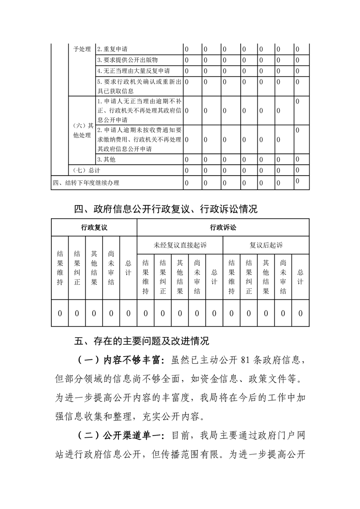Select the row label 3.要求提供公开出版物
click(128, 60)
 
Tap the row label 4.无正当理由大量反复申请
click(133, 71)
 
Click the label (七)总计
click(87, 170)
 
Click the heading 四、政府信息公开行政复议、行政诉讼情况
click(166, 209)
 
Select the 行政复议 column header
click(94, 227)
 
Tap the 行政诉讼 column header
click(223, 227)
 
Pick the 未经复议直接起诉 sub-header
click(180, 245)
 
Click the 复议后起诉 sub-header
click(266, 245)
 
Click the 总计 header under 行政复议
click(128, 267)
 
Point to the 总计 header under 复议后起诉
click(300, 276)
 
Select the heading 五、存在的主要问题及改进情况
click(142, 340)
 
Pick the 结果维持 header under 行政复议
click(60, 267)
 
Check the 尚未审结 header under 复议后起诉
click(283, 276)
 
